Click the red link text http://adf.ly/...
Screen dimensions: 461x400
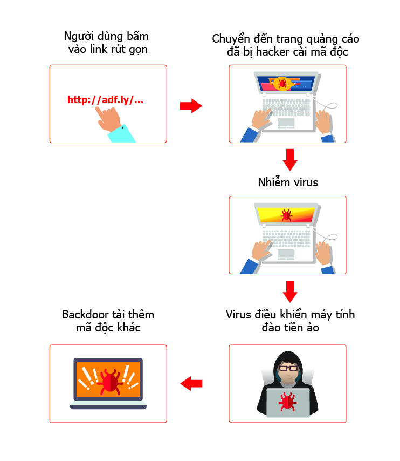[105, 100]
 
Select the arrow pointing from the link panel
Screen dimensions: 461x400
[191, 106]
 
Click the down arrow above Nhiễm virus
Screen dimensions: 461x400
[290, 159]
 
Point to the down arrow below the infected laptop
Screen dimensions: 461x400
[290, 291]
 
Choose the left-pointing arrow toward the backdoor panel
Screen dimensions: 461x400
[191, 384]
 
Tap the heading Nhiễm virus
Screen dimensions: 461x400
[288, 182]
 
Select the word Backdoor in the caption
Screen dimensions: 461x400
[85, 315]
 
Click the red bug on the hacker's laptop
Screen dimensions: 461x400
[287, 402]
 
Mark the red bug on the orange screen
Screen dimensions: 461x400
[111, 379]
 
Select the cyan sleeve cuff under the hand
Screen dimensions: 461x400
[123, 134]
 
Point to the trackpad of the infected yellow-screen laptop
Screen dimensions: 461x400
[286, 254]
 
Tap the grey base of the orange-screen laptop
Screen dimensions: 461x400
[108, 404]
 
